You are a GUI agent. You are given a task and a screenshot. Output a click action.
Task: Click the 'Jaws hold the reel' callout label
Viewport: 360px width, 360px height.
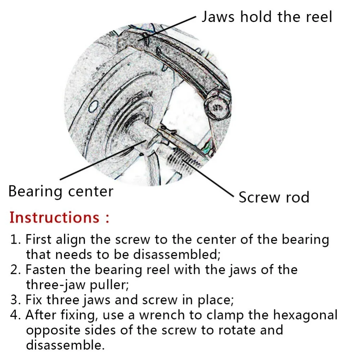click(x=266, y=17)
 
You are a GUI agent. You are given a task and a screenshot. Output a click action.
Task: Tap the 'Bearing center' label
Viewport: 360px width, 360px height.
click(x=60, y=191)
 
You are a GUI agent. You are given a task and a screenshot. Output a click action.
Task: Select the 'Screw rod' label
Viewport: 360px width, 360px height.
click(x=274, y=197)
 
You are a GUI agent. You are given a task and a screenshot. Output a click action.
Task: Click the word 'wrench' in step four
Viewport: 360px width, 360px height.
click(x=162, y=315)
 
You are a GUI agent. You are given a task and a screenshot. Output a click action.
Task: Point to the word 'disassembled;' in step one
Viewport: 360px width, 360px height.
click(x=176, y=255)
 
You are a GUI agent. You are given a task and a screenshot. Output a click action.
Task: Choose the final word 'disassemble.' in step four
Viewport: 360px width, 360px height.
click(x=65, y=345)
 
